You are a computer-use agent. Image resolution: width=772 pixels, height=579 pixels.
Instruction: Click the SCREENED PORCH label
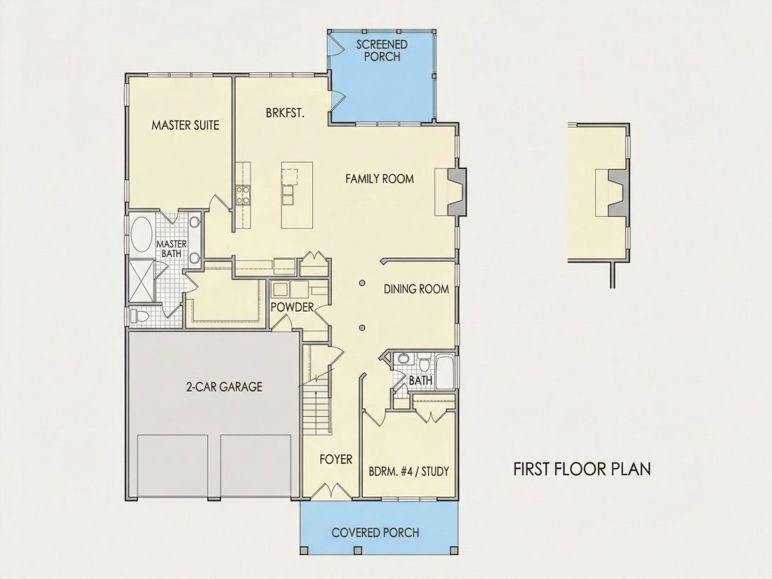(382, 51)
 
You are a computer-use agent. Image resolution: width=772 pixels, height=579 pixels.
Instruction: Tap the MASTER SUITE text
(185, 125)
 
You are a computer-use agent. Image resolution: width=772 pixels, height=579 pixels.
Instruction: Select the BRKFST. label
(285, 113)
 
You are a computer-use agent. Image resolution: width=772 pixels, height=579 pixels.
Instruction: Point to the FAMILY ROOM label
(380, 178)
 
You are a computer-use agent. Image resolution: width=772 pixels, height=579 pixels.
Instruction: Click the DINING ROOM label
(416, 289)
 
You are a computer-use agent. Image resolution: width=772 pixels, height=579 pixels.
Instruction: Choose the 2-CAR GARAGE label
(224, 387)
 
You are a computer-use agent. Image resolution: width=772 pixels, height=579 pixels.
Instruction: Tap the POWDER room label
(292, 307)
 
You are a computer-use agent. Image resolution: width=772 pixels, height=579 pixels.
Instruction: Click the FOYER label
(335, 460)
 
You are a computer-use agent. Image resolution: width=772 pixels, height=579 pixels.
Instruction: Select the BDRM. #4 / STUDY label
(408, 472)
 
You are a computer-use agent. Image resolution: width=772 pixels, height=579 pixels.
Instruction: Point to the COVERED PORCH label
(375, 532)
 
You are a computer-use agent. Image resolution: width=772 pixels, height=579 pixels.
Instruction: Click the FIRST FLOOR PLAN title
(582, 469)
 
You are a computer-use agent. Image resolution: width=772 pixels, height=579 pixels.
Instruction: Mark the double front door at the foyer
(333, 491)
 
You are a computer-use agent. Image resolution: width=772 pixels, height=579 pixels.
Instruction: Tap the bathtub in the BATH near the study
(446, 372)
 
